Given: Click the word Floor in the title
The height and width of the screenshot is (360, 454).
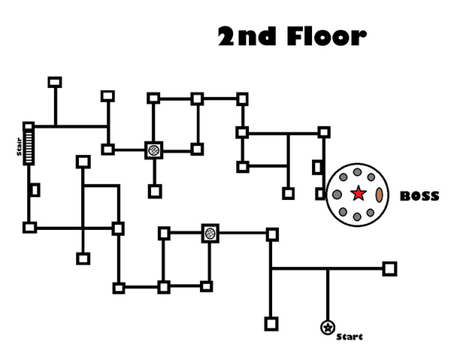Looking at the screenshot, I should pyautogui.click(x=326, y=36).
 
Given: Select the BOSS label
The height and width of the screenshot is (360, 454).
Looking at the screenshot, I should pyautogui.click(x=419, y=196).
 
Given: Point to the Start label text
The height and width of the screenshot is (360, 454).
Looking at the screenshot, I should pyautogui.click(x=350, y=336).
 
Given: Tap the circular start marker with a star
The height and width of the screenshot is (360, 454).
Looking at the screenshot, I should pyautogui.click(x=327, y=327).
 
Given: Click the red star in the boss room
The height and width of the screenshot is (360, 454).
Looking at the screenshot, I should pyautogui.click(x=359, y=194).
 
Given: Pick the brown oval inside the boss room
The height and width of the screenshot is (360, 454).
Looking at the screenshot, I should pyautogui.click(x=380, y=194).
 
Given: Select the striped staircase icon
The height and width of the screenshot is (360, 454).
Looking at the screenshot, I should pyautogui.click(x=29, y=145).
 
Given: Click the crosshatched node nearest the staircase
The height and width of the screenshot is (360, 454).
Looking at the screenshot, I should pyautogui.click(x=153, y=150).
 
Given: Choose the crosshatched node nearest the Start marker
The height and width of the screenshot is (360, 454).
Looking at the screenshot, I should pyautogui.click(x=210, y=234).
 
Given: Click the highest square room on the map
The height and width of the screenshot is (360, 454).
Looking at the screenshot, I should pyautogui.click(x=54, y=82).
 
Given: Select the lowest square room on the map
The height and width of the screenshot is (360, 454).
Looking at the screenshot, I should pyautogui.click(x=271, y=324).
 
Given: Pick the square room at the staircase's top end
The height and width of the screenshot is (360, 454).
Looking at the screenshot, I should pyautogui.click(x=29, y=126).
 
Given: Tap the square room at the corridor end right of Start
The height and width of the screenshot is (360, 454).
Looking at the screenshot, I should pyautogui.click(x=389, y=268).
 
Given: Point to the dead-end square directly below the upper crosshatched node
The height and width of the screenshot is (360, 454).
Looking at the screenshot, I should pyautogui.click(x=154, y=191).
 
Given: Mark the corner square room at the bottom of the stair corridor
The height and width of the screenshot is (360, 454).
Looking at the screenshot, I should pyautogui.click(x=29, y=227).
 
